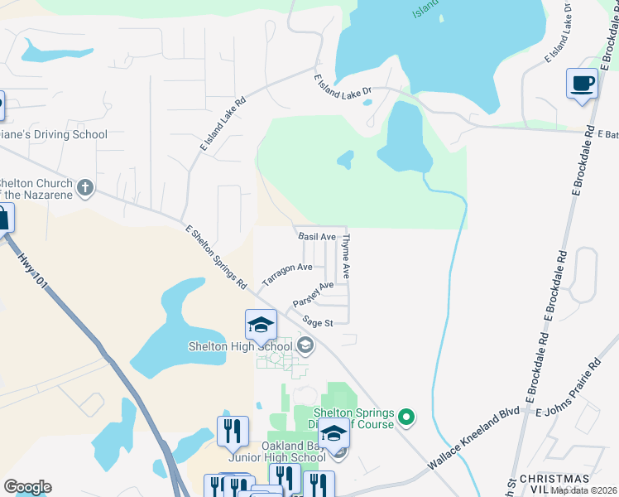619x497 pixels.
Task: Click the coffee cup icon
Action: tap(583, 84)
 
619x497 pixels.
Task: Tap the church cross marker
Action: tap(84, 188)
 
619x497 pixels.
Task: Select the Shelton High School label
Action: tap(240, 346)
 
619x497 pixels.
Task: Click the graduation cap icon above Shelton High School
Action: tap(261, 325)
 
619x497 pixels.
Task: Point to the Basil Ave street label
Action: tap(317, 236)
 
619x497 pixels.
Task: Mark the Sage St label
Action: tap(317, 321)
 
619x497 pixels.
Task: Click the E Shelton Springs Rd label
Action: tap(217, 257)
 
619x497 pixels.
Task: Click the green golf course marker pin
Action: tap(405, 417)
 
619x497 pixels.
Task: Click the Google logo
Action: tap(27, 487)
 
